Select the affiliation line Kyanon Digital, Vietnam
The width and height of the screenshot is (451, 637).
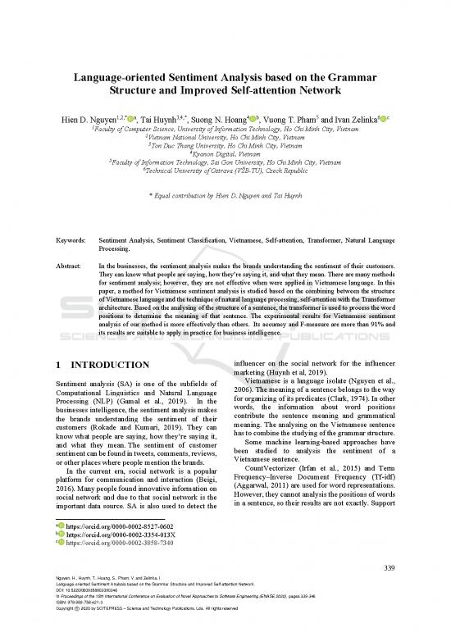click(x=225, y=153)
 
